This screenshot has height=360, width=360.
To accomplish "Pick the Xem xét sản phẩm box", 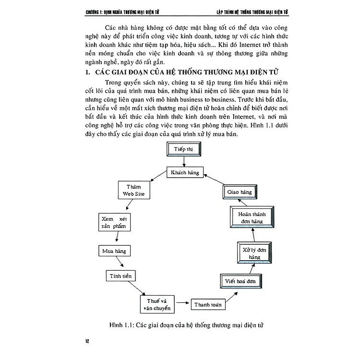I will pyautogui.click(x=113, y=222).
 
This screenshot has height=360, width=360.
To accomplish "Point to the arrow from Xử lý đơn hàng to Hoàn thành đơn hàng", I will pyautogui.click(x=253, y=235).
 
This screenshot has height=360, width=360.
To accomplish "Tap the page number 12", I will pyautogui.click(x=87, y=341).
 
